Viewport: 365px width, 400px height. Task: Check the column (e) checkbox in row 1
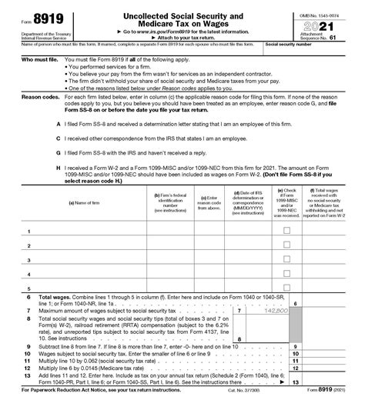[x=288, y=231]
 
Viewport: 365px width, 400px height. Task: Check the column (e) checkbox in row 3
[x=288, y=260]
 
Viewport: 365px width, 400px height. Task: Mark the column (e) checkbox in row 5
[x=288, y=289]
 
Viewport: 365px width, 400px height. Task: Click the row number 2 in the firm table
[x=29, y=246]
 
